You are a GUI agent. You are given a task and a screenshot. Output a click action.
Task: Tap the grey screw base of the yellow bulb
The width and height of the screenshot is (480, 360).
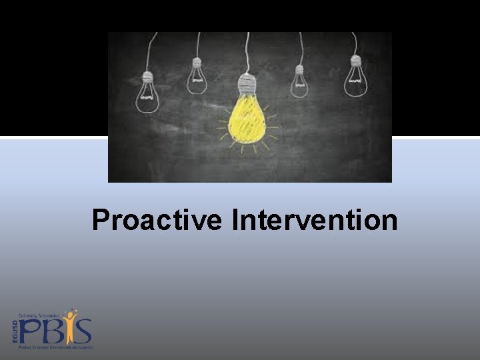247,84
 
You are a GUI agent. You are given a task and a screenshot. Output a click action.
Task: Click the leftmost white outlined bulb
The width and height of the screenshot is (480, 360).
147,93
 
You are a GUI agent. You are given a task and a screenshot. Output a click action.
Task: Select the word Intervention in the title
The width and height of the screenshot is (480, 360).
315,220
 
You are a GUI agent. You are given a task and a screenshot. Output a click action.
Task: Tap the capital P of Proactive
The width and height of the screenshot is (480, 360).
101,220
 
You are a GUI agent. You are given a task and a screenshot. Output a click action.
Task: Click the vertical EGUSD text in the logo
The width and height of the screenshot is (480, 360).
15,331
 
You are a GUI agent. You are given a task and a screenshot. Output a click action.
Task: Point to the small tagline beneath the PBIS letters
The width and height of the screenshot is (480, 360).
56,347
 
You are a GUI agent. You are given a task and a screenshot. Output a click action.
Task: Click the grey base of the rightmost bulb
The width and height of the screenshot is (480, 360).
355,61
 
